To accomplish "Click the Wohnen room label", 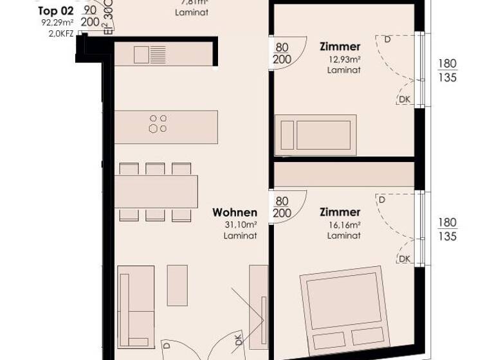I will [235, 213].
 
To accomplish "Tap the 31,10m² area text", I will [241, 224].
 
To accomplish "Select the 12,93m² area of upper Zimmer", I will [343, 59].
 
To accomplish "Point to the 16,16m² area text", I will [343, 225].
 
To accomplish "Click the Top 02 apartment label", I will [56, 11].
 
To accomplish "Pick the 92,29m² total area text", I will [57, 22].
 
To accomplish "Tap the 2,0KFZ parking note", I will [60, 33].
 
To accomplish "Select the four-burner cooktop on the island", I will [158, 123].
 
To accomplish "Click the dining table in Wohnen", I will [157, 191].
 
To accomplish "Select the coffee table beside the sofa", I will [177, 284].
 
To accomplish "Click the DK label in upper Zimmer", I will [405, 99].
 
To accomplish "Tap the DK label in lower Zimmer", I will [405, 259].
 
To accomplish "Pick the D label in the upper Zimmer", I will [387, 39].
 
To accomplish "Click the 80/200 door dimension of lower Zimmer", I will [282, 207].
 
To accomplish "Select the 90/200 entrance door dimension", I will [90, 17].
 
